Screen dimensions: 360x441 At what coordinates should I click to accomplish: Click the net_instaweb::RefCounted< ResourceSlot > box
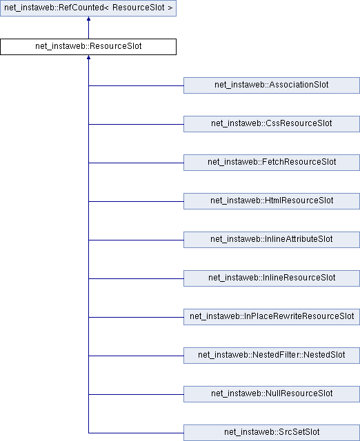click(x=88, y=8)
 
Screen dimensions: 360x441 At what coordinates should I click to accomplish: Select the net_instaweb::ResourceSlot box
click(x=88, y=47)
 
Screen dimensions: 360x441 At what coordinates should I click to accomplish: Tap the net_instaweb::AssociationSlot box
click(x=272, y=85)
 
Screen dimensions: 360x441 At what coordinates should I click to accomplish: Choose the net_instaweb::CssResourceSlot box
click(x=272, y=124)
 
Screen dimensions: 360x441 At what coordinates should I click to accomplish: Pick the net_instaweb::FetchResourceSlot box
click(x=272, y=163)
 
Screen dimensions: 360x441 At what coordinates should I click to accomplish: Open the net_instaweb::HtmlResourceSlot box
click(x=272, y=201)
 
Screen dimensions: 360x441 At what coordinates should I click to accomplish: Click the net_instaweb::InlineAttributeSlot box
click(x=272, y=240)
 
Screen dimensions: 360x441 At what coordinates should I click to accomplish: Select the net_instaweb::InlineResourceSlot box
click(x=272, y=278)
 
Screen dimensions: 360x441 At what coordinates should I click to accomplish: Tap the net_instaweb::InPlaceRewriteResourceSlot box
click(x=272, y=317)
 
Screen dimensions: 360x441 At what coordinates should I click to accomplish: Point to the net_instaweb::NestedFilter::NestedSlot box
click(x=272, y=356)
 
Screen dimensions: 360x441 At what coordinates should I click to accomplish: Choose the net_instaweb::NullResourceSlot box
click(x=272, y=393)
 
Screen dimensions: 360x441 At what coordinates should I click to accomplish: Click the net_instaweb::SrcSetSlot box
click(x=272, y=432)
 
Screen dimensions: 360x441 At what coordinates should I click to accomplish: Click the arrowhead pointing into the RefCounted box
click(x=88, y=19)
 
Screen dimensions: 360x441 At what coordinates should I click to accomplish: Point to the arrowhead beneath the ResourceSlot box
click(x=88, y=57)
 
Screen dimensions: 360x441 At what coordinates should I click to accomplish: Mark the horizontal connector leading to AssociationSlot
click(x=136, y=85)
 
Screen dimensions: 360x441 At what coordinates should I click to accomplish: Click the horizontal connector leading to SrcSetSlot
click(x=136, y=433)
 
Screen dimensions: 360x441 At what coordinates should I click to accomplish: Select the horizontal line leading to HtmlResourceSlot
click(x=136, y=201)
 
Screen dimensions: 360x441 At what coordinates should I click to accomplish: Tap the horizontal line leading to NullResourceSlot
click(x=136, y=394)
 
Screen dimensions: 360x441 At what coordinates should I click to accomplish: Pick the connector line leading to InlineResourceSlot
click(x=136, y=278)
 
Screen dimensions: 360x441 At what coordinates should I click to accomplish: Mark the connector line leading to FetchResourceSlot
click(x=136, y=163)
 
